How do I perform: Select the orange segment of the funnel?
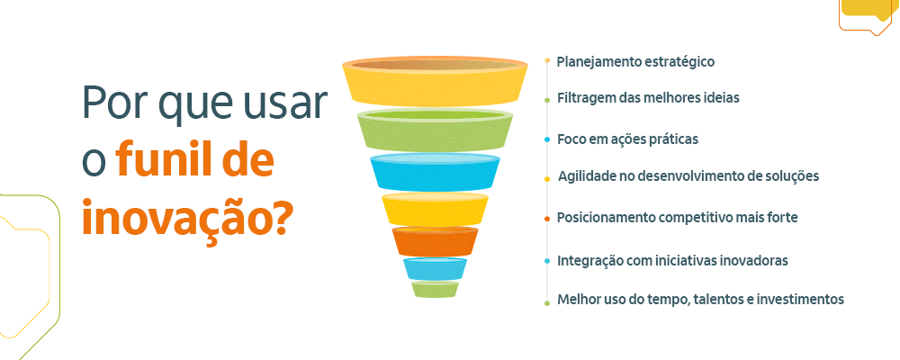pos(436,240)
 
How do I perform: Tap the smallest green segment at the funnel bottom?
pos(436,289)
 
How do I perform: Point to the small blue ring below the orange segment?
pos(436,268)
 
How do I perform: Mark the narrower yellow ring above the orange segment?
pos(436,209)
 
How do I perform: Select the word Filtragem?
pos(586,97)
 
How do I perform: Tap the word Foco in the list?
pos(571,139)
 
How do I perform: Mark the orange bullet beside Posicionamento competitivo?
pos(547,219)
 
